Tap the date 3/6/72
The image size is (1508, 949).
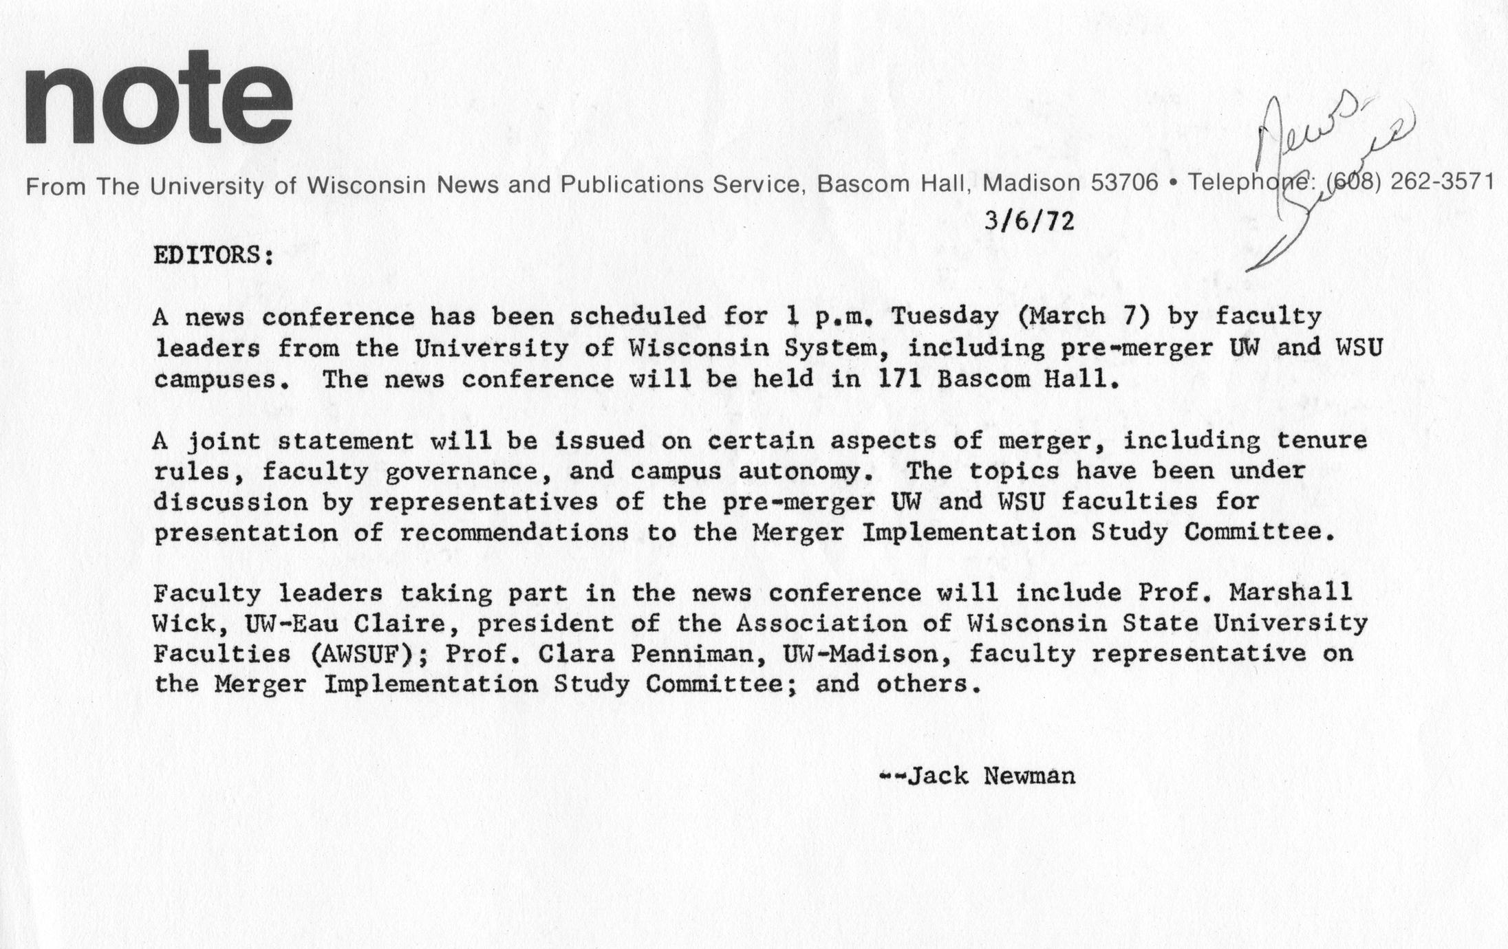coord(1028,221)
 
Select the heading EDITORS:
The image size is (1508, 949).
coord(213,256)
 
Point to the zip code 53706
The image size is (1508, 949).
coord(1125,184)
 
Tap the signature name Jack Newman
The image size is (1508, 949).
coord(991,776)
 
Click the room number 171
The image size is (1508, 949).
coord(900,379)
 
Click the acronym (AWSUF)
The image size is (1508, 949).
coord(363,653)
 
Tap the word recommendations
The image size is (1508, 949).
coord(514,533)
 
